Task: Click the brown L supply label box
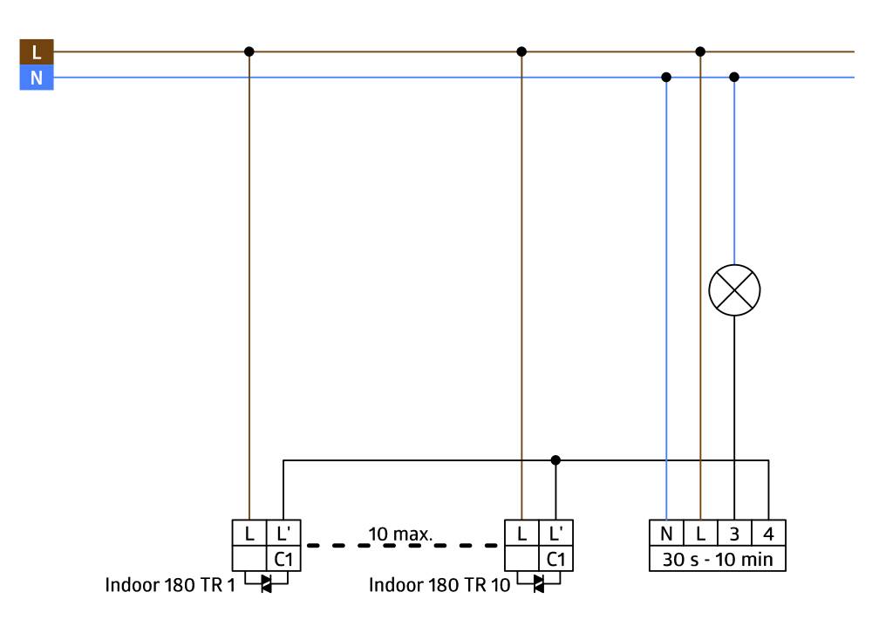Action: click(36, 51)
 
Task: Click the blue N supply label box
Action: click(36, 78)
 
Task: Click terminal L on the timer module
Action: click(700, 533)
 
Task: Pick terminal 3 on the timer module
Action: click(734, 533)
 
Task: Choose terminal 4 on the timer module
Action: click(768, 533)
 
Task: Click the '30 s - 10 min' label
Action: click(717, 559)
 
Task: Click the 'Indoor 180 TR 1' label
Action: click(170, 584)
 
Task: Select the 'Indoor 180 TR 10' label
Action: click(439, 584)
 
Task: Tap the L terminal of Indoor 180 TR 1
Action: click(249, 533)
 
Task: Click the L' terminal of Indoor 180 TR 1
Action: click(283, 533)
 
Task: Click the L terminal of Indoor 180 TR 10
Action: click(521, 533)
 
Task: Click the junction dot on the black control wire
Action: click(555, 459)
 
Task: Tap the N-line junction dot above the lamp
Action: click(734, 77)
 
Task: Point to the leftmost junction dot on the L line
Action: click(249, 51)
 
